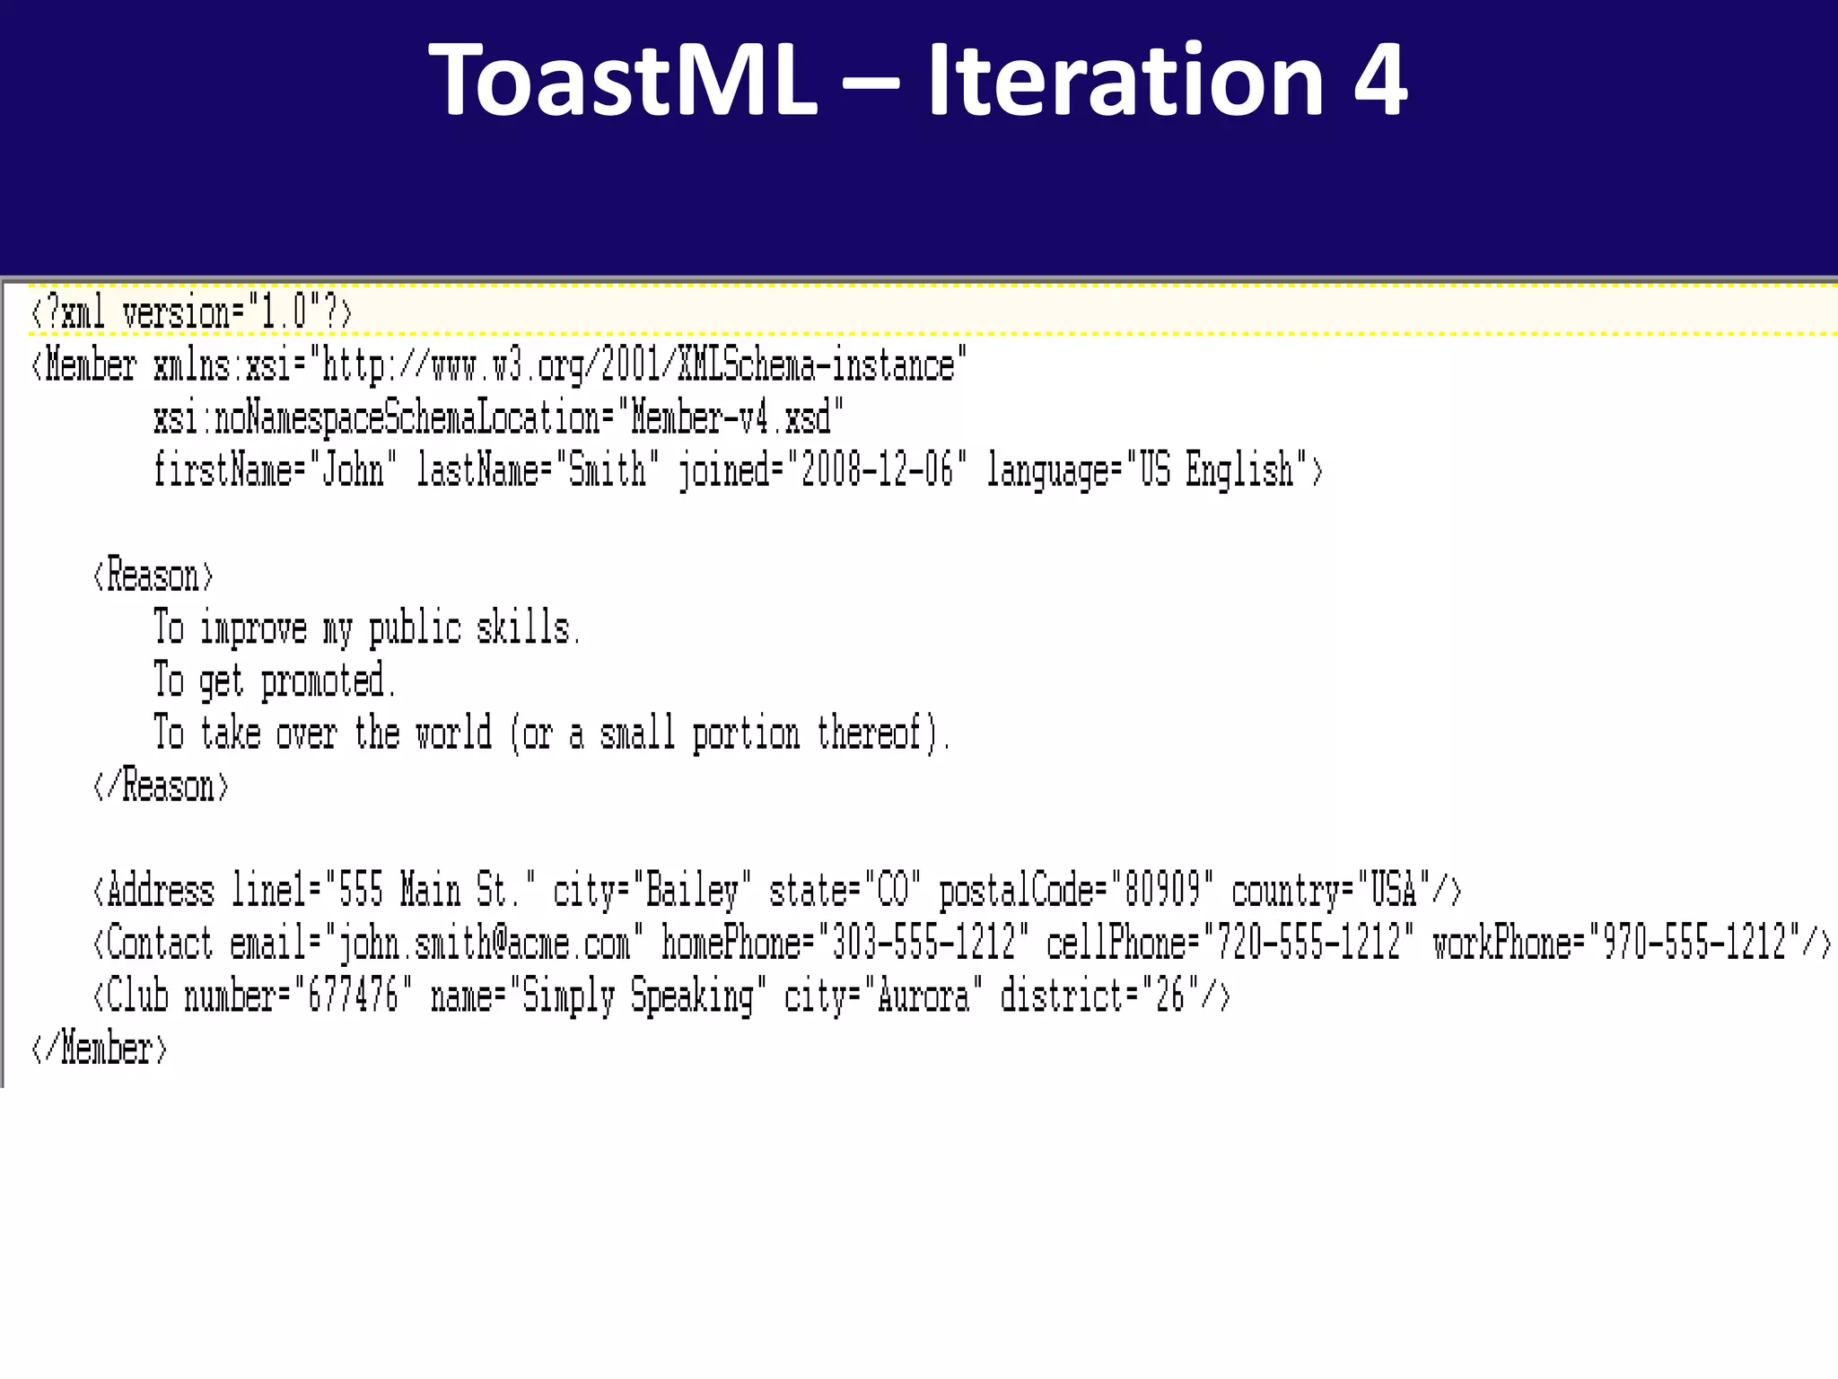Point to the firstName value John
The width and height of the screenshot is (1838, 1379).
(x=353, y=470)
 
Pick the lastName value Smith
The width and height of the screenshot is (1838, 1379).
(x=607, y=470)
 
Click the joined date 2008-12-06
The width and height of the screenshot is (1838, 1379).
(x=877, y=470)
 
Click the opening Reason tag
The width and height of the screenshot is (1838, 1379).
(x=153, y=575)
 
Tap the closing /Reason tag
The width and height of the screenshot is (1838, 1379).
(x=162, y=786)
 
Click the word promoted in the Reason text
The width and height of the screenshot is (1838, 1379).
(x=324, y=681)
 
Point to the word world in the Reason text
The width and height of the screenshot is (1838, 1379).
(x=453, y=733)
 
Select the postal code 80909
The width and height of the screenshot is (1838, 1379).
(x=1162, y=891)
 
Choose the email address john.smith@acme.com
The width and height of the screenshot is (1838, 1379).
(x=484, y=944)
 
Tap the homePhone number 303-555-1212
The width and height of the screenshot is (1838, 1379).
(x=924, y=944)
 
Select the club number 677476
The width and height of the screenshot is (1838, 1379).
(x=353, y=997)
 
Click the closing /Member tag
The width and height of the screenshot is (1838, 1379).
(x=100, y=1049)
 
